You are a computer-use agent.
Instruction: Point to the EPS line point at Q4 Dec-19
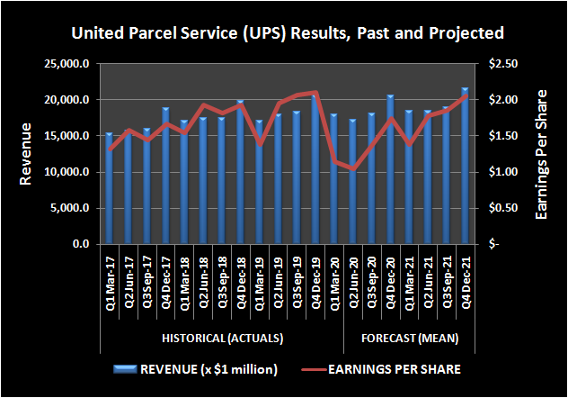315,93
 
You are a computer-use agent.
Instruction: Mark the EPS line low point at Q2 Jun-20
352,168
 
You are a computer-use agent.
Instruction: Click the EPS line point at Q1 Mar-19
259,143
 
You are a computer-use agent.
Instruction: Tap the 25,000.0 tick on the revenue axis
69,64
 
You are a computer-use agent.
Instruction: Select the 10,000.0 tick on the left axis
69,172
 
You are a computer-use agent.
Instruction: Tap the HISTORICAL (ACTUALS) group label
222,339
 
